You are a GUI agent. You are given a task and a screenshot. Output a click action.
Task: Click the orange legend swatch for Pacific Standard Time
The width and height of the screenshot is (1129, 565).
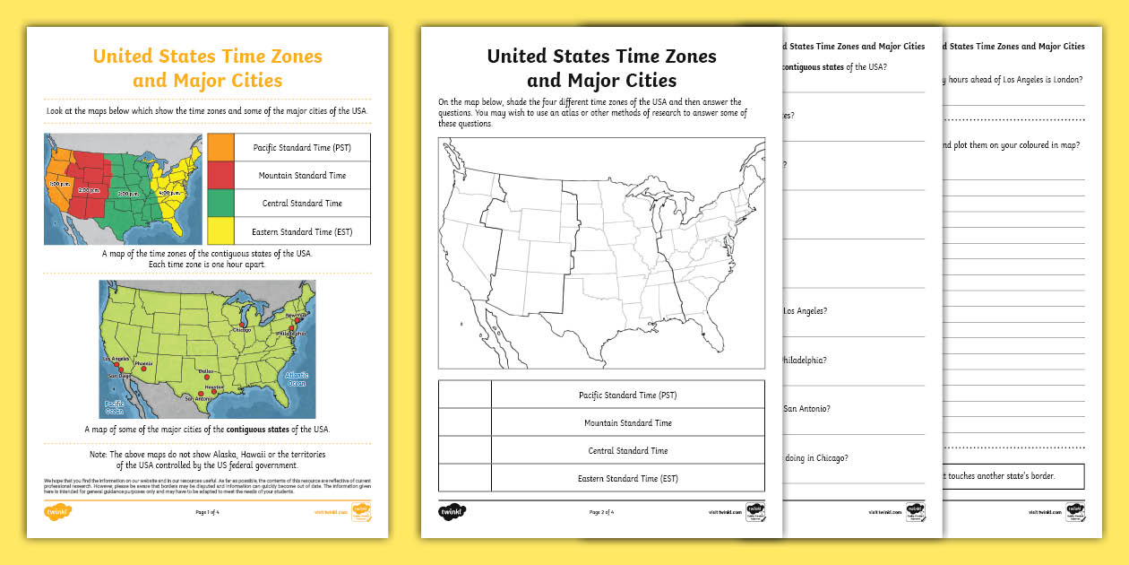coord(220,147)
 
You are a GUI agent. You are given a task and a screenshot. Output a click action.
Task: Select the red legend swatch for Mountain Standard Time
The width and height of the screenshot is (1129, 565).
coord(220,175)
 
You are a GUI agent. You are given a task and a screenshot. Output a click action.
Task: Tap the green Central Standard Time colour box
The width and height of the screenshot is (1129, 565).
coord(220,203)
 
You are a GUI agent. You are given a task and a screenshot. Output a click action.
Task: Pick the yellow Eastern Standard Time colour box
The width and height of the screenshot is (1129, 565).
coord(220,230)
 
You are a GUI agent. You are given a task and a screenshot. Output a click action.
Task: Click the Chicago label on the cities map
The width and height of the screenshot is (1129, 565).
coord(241,330)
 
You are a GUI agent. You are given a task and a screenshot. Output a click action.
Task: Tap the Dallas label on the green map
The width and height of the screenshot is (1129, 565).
coord(207,370)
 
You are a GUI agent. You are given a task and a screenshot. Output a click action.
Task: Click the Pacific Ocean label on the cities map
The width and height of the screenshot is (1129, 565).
coord(115,408)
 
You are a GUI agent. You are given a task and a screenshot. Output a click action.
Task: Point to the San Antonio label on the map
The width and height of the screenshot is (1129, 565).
coord(196,398)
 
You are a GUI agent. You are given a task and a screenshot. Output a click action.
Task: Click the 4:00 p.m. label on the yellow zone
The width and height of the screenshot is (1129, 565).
coord(172,191)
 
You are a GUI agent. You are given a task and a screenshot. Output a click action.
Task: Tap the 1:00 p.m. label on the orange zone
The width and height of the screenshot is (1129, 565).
coord(59,183)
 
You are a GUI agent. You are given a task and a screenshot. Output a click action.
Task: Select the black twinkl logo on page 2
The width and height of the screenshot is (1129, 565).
coord(452,512)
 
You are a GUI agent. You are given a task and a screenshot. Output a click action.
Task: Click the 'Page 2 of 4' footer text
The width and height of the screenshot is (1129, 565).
coord(601,512)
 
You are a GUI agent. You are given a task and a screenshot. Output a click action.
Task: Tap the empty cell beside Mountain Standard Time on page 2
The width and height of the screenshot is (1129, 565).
coord(464,422)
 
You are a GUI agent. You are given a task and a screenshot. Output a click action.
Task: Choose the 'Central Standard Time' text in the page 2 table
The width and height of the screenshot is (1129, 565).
coord(627,450)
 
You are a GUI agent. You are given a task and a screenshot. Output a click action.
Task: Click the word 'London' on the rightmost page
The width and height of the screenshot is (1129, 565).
coord(1062,80)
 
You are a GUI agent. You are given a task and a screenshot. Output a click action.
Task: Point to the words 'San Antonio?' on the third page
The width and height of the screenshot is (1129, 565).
coord(806,408)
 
